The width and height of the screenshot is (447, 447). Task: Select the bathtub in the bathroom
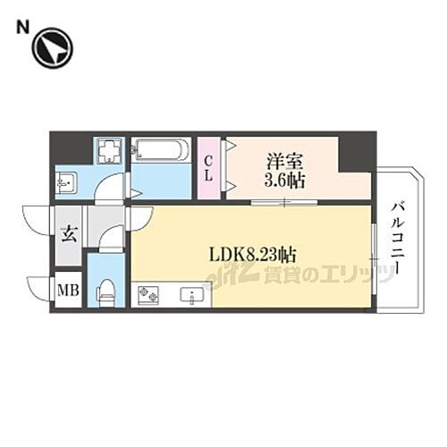pyautogui.click(x=161, y=150)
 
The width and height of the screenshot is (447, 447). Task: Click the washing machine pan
pyautogui.click(x=109, y=151)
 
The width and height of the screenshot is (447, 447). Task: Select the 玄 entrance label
pyautogui.click(x=68, y=236)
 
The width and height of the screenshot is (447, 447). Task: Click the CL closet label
pyautogui.click(x=208, y=167)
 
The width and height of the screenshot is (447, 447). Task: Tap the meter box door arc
pyautogui.click(x=40, y=289)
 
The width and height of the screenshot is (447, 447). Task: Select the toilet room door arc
pyautogui.click(x=112, y=239)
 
